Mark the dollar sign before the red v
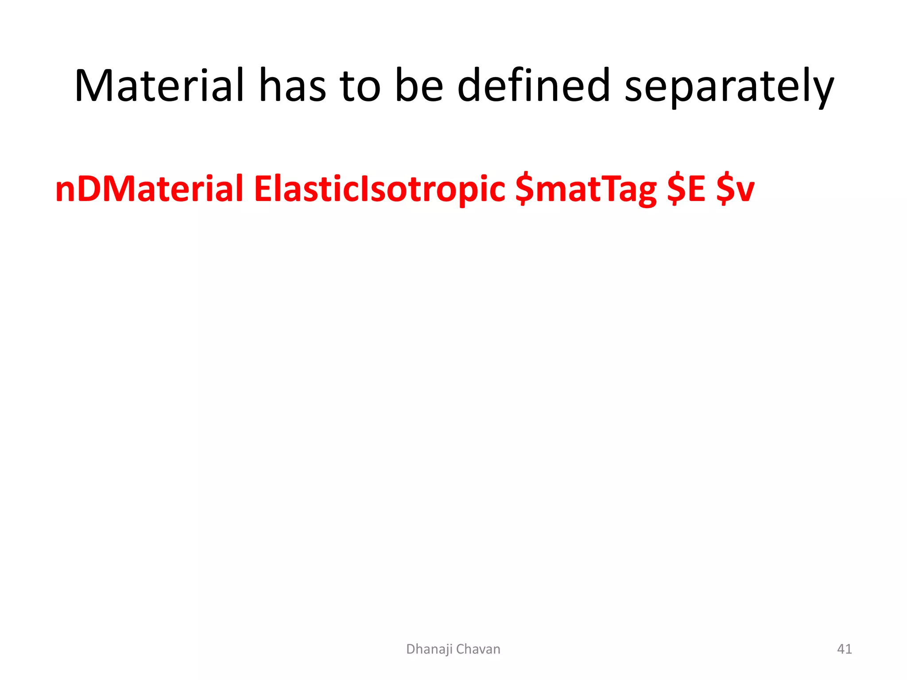pos(725,189)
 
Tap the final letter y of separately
pos(823,91)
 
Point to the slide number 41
pos(844,649)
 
